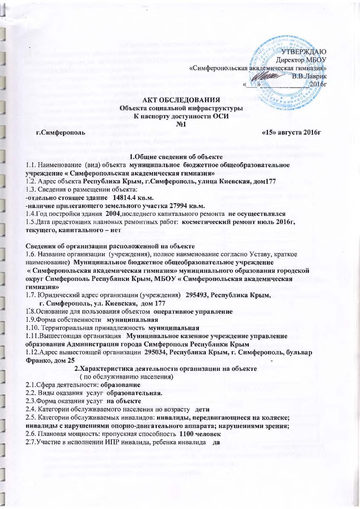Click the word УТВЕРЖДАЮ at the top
[308, 51]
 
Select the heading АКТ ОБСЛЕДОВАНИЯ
[181, 100]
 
